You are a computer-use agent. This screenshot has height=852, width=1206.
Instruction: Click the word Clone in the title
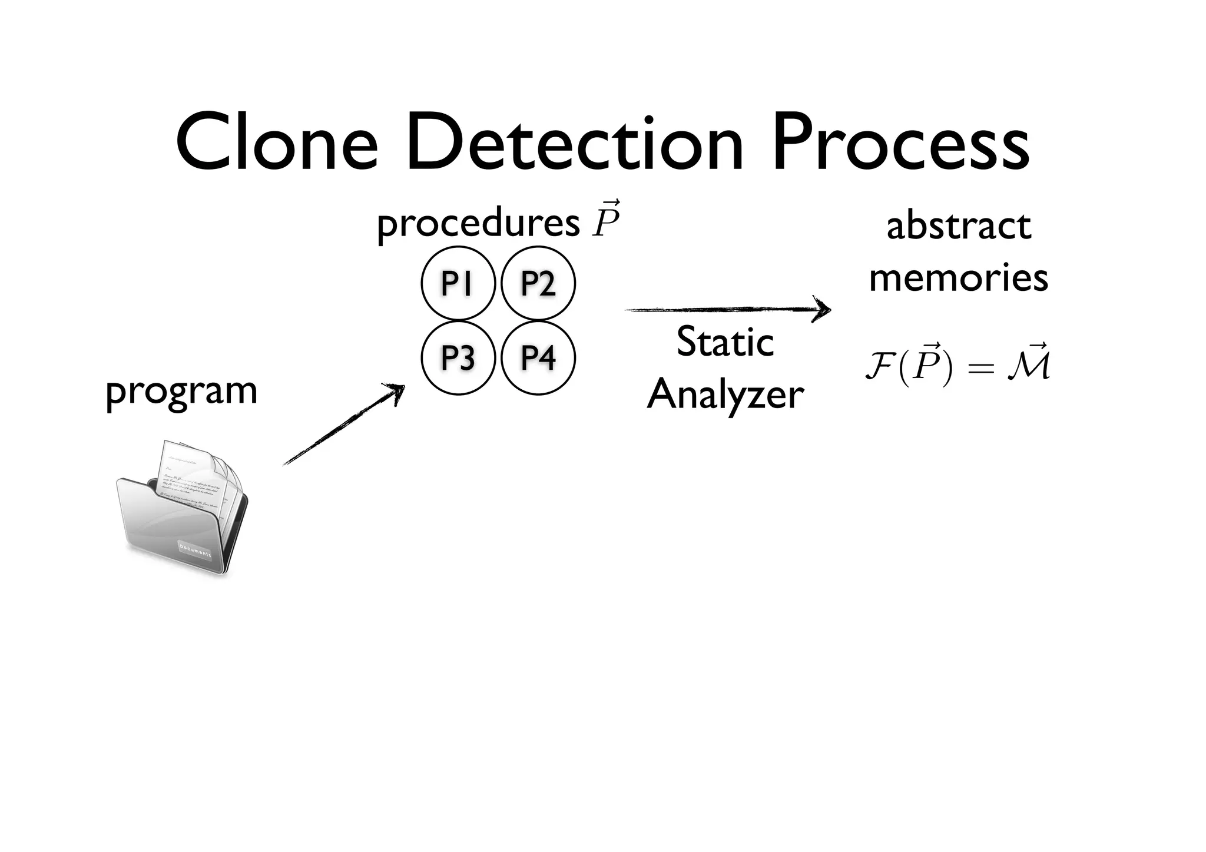277,144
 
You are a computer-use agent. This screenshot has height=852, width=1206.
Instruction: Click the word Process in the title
902,144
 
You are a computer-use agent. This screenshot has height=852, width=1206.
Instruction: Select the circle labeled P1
458,284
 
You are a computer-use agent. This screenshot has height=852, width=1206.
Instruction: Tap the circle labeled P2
538,284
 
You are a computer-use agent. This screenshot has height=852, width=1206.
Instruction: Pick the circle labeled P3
458,357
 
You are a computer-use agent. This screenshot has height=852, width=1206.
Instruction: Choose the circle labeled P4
538,357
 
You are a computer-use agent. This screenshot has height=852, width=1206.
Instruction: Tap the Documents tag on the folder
195,549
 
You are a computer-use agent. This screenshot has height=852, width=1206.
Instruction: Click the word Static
725,342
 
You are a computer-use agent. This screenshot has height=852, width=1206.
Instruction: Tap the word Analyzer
725,394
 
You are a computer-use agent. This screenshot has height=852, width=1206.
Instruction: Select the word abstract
959,226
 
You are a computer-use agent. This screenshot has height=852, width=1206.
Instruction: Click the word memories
959,277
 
